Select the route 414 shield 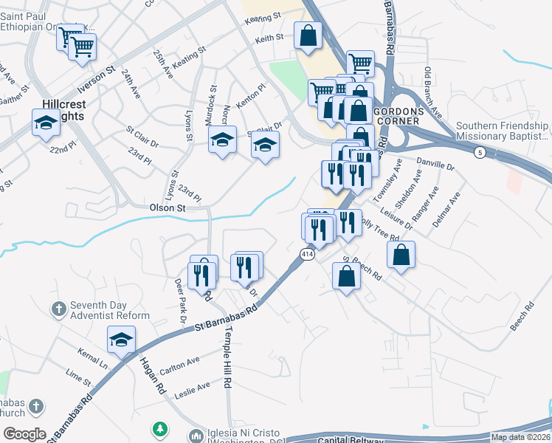click(x=307, y=254)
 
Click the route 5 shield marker click(x=480, y=152)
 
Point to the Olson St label click(x=168, y=208)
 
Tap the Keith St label click(x=269, y=38)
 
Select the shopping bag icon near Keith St click(x=308, y=35)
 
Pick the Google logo click(x=24, y=433)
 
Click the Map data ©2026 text click(x=521, y=437)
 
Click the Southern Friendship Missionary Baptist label click(x=502, y=131)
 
